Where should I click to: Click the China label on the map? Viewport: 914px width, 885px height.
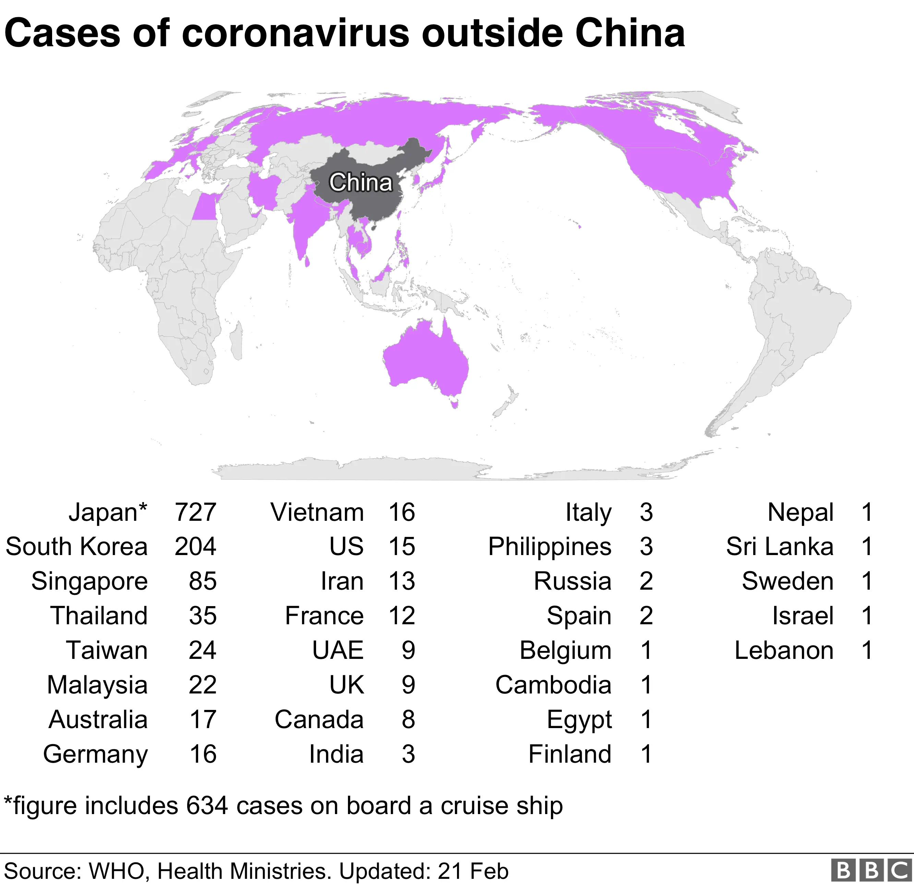pos(360,182)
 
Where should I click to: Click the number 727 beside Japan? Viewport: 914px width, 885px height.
pos(195,512)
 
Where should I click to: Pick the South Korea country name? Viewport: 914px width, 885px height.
pos(76,547)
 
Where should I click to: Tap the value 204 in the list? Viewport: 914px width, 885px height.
pos(195,547)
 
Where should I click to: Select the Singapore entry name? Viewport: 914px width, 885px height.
pos(89,581)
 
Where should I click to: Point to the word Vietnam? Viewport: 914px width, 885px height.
pos(317,512)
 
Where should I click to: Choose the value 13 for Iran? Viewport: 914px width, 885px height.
pos(401,581)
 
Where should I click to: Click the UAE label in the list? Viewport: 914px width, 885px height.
pos(338,650)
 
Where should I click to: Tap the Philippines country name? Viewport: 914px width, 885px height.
pos(549,547)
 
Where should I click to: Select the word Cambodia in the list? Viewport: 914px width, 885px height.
pos(553,685)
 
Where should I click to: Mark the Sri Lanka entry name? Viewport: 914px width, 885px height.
pos(779,547)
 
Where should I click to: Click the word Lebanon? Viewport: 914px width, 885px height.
pos(784,650)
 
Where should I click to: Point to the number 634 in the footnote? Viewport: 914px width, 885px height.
pos(207,806)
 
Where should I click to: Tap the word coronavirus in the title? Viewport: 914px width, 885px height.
pos(295,34)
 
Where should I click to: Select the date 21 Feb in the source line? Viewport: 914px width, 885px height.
pos(473,871)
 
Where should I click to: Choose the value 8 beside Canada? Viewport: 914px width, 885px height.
pos(408,719)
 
